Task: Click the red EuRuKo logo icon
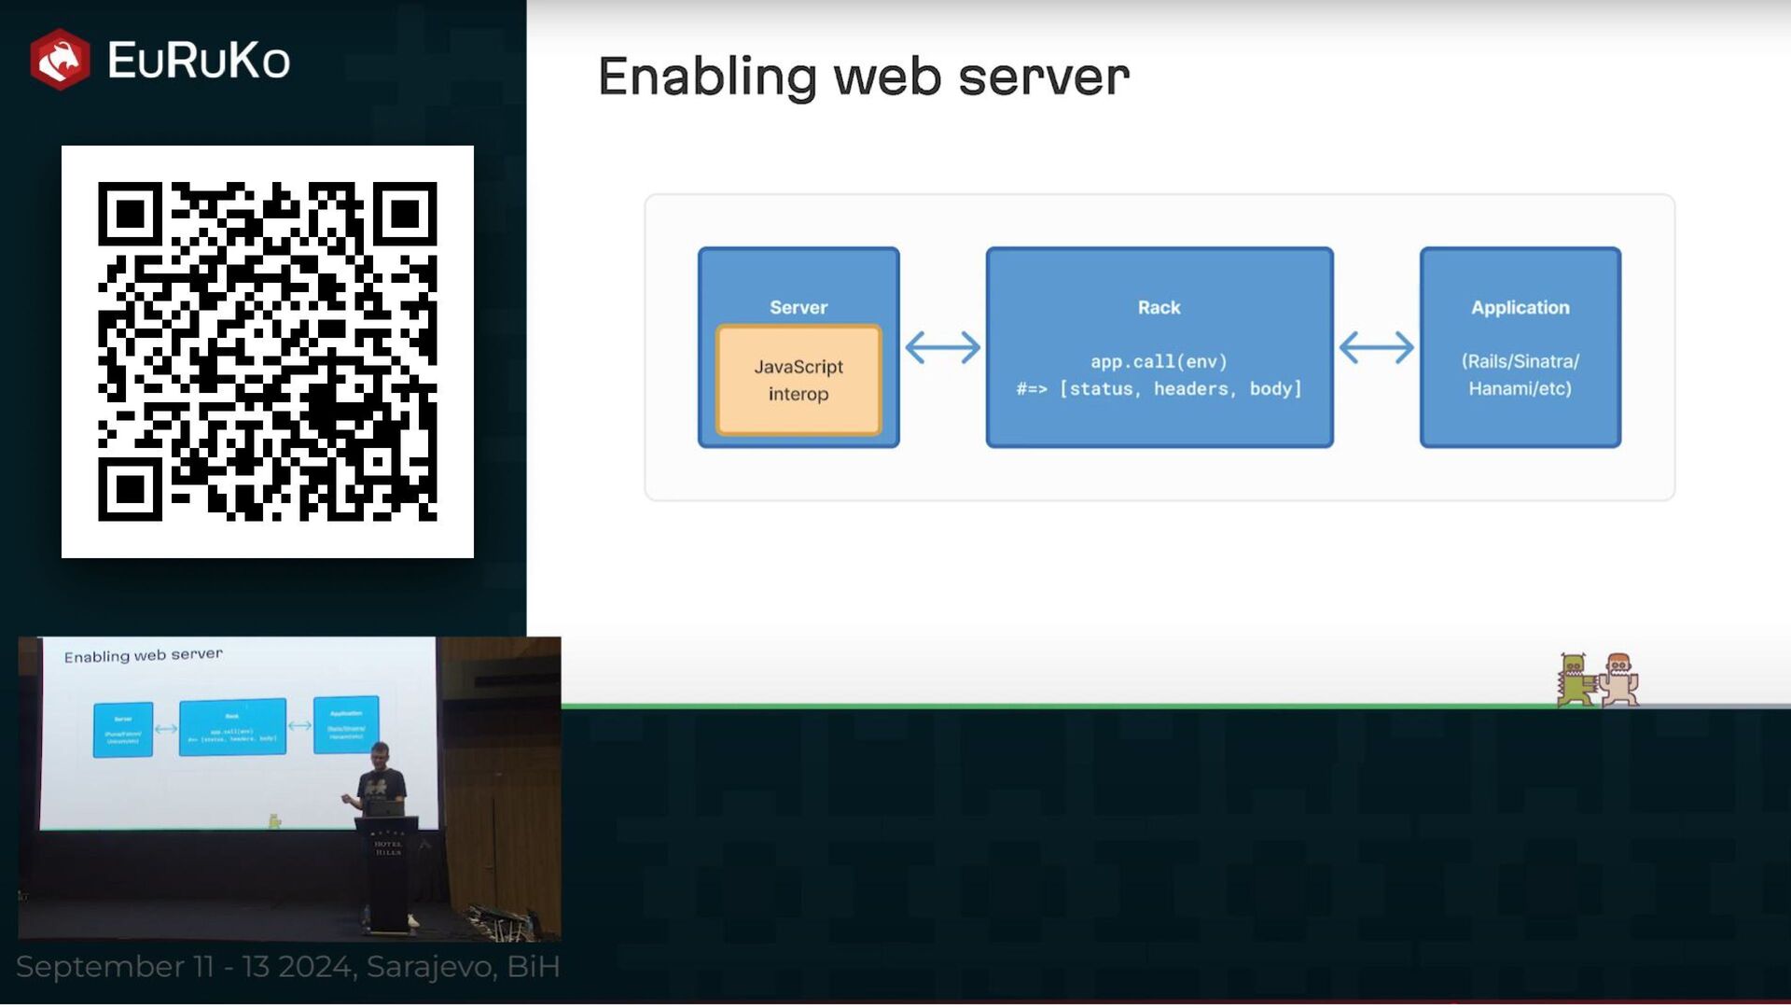(60, 60)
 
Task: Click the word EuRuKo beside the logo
(198, 61)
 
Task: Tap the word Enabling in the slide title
(706, 77)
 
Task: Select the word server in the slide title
(1044, 77)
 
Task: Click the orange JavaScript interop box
(798, 380)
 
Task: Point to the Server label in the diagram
(798, 307)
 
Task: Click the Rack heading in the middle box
(1159, 307)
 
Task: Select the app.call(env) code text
(1159, 361)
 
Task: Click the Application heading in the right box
(1520, 307)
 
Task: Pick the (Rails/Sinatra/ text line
(1520, 361)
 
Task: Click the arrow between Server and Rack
(943, 347)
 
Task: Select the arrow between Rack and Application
(1376, 347)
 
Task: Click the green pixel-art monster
(1574, 679)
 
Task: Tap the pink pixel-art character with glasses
(1619, 679)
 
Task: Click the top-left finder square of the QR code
(130, 214)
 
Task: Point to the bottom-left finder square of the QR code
(130, 488)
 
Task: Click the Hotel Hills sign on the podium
(387, 847)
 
